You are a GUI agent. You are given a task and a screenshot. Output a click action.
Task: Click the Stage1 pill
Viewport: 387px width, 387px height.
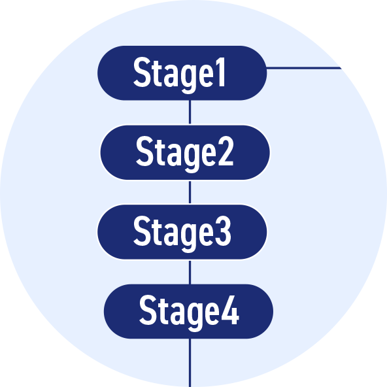(182, 73)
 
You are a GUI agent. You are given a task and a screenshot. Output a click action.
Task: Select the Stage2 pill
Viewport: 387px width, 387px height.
(185, 152)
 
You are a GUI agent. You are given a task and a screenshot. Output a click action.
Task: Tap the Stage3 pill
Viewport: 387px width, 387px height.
(182, 232)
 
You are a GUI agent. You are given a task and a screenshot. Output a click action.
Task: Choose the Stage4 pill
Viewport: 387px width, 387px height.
(188, 311)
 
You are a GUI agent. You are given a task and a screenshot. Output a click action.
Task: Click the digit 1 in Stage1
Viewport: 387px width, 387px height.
(221, 72)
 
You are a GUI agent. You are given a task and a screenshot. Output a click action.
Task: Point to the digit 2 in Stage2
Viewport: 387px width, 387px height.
(225, 151)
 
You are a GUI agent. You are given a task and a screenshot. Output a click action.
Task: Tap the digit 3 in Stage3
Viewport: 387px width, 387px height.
(223, 231)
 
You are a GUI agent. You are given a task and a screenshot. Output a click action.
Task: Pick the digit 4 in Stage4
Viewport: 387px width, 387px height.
(230, 311)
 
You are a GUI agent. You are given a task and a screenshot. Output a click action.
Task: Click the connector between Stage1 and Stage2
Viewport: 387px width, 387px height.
(190, 112)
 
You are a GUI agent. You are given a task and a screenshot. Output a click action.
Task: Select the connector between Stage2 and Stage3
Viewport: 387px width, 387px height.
(190, 192)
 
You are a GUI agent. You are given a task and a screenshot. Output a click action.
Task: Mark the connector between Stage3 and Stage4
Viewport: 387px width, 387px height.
(190, 271)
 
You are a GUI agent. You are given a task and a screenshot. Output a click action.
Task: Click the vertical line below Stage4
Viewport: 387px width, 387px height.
(190, 363)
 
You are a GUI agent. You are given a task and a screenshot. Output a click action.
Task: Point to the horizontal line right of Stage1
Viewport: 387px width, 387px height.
(304, 68)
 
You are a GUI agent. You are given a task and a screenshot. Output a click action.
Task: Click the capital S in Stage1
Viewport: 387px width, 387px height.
(142, 73)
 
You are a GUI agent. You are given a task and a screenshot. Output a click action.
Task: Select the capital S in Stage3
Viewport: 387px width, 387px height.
(142, 231)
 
